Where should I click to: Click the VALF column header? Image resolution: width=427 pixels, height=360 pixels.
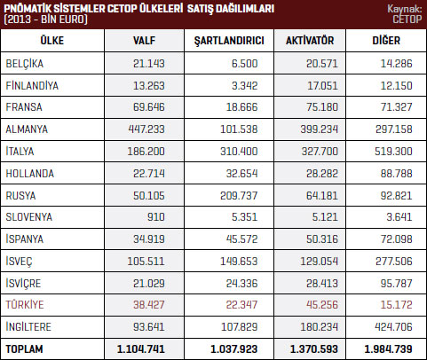(x=144, y=41)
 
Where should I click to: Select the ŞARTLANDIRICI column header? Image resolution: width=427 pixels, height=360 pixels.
(x=229, y=41)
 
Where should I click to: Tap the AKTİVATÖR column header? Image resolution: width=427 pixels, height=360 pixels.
(x=310, y=40)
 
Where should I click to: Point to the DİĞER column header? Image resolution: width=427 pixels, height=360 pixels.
(x=386, y=40)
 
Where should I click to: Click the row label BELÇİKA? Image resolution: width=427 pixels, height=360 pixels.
(x=25, y=64)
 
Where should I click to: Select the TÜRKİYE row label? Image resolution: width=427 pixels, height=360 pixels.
(x=25, y=304)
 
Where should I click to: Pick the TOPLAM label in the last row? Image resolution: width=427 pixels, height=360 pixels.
(x=24, y=349)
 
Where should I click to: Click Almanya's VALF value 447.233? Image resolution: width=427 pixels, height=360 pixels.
(x=146, y=129)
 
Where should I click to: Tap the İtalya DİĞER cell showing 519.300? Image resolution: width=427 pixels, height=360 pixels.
(x=393, y=152)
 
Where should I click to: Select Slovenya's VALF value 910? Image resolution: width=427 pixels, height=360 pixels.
(x=156, y=217)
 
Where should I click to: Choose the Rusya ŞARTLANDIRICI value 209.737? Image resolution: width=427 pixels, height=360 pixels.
(x=239, y=195)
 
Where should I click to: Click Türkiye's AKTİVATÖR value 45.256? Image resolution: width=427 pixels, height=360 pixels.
(x=322, y=304)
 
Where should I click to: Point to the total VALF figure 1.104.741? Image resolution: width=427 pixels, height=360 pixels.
(x=141, y=349)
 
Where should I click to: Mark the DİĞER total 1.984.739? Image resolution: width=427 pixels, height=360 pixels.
(x=388, y=349)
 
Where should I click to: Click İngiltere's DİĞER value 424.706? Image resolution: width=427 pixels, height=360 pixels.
(x=393, y=326)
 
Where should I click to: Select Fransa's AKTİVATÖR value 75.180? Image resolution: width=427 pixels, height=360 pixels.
(x=322, y=107)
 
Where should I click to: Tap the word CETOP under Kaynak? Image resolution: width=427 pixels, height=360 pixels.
(x=407, y=20)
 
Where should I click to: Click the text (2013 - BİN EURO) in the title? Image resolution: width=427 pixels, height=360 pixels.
(x=45, y=20)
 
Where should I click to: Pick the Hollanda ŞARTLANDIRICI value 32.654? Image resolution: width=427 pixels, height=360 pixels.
(x=241, y=174)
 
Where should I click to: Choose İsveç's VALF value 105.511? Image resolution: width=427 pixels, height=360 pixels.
(x=146, y=261)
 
